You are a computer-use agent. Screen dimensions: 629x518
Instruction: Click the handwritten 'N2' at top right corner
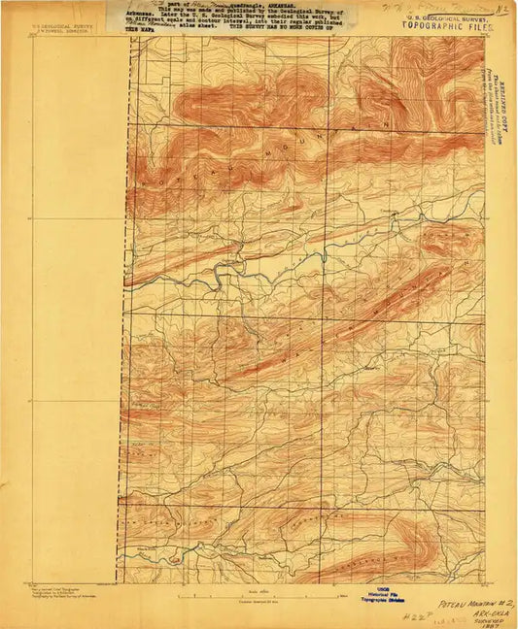[502, 9]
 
